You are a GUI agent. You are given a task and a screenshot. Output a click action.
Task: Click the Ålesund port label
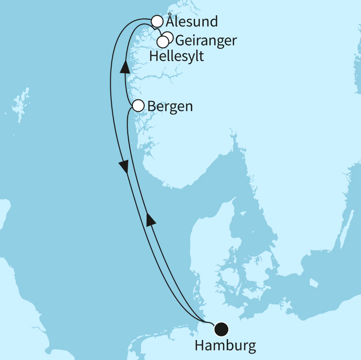(191, 22)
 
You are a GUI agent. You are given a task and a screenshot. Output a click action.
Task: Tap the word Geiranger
(206, 40)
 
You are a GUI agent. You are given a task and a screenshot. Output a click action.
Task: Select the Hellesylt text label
(177, 56)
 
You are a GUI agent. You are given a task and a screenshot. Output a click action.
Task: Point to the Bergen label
(170, 106)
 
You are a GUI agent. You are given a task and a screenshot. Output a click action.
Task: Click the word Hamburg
(225, 346)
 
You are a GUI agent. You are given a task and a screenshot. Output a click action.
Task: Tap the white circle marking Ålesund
(157, 22)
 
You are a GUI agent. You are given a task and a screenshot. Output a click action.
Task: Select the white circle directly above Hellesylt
(163, 42)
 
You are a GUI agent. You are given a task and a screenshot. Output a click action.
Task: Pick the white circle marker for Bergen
(138, 106)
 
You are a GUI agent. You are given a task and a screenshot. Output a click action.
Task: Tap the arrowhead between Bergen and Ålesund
(125, 67)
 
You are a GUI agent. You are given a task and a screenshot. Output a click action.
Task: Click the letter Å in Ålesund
(170, 21)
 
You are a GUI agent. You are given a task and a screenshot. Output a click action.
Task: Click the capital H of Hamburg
(200, 346)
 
